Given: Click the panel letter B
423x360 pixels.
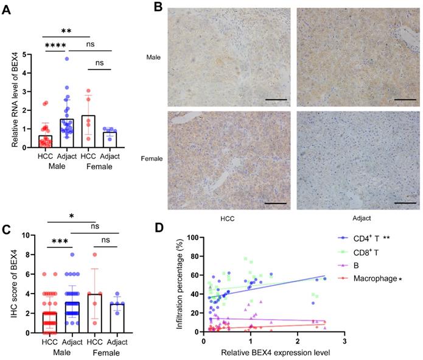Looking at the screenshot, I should click(x=158, y=7).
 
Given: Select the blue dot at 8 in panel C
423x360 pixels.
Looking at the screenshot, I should click(x=71, y=255).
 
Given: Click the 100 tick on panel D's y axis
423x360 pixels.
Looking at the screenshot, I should click(x=192, y=238).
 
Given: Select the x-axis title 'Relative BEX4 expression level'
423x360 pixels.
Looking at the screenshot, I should click(x=274, y=353).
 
